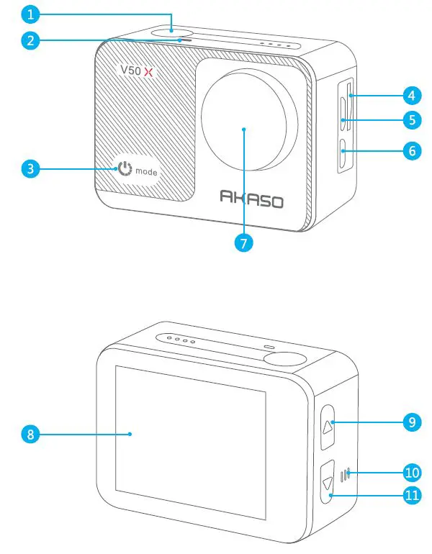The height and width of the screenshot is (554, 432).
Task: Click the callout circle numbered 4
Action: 411,94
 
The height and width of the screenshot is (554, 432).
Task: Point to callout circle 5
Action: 411,120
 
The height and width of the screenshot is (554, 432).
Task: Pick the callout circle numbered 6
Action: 411,152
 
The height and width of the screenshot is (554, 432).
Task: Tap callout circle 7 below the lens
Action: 244,242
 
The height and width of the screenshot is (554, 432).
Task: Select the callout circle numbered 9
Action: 411,422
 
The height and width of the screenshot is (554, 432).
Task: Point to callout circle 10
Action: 411,473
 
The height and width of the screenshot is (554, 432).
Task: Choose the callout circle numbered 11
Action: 411,496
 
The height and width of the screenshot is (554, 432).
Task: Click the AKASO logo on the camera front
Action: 251,199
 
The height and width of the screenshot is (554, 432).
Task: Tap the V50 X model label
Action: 138,71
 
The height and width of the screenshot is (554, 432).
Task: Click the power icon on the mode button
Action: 125,171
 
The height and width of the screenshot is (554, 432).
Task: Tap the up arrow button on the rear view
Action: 328,425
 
